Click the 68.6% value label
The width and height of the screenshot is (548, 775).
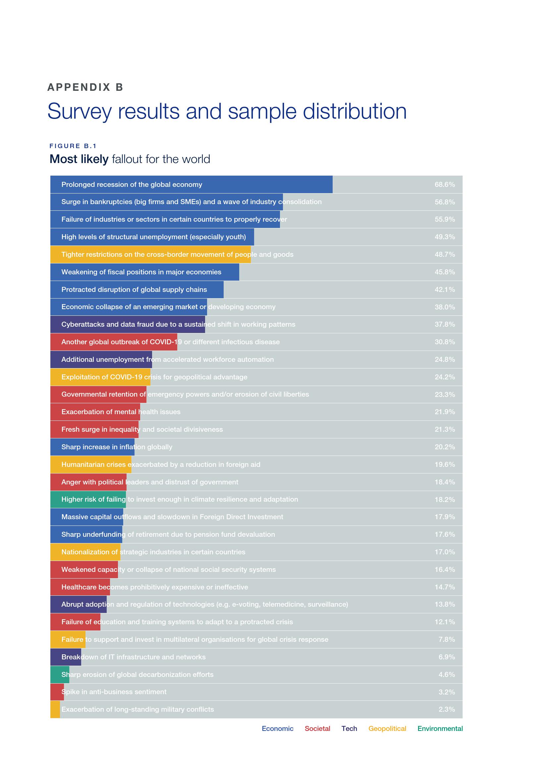click(444, 185)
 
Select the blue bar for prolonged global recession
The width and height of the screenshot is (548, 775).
click(191, 185)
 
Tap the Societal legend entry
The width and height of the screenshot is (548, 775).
click(317, 728)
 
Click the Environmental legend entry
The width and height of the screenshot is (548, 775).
click(440, 728)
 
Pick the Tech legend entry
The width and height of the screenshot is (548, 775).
click(349, 728)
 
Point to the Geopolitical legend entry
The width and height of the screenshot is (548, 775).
click(387, 728)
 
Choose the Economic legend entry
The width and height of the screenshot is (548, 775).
click(277, 728)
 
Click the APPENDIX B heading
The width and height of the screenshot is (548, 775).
click(85, 87)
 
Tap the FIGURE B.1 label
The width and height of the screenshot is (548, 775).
click(73, 146)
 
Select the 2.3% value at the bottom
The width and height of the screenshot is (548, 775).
click(446, 709)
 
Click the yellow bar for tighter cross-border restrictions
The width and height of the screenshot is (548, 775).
click(150, 254)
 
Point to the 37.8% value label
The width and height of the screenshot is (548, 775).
click(444, 324)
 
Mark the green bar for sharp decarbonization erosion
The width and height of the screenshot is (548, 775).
click(60, 674)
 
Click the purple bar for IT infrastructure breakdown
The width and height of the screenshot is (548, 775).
click(66, 657)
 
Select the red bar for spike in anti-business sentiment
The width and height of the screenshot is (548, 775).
click(57, 692)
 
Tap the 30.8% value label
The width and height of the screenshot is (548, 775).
click(444, 342)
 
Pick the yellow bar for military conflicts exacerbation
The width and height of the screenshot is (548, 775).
click(55, 709)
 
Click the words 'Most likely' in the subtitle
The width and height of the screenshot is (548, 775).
click(79, 159)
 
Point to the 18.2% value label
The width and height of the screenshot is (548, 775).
click(444, 500)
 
